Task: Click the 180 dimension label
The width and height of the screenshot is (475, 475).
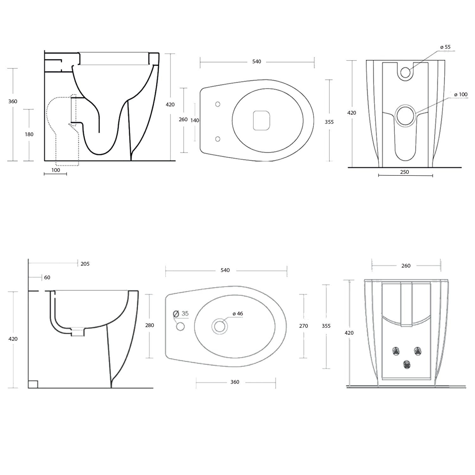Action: (x=29, y=134)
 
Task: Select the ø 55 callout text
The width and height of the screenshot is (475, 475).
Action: (x=445, y=47)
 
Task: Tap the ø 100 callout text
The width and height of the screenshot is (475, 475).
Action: (x=461, y=94)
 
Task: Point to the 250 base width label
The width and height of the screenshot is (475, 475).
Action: (x=404, y=172)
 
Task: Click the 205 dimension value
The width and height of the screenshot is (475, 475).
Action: (x=85, y=264)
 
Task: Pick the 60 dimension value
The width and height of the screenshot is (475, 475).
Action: (x=47, y=277)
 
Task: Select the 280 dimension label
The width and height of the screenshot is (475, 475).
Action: (x=149, y=325)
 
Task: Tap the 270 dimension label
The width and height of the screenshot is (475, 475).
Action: (x=303, y=326)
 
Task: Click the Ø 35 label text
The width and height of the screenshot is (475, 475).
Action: (x=181, y=313)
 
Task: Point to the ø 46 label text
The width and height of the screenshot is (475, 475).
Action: (x=238, y=314)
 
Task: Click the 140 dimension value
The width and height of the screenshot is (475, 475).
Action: (x=195, y=120)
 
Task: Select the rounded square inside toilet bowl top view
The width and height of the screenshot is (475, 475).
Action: (x=262, y=120)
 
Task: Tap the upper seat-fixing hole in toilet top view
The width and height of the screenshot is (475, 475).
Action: (x=218, y=104)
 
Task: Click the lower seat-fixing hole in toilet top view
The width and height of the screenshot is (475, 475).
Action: (x=218, y=139)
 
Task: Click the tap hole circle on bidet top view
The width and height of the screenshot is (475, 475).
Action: (x=180, y=326)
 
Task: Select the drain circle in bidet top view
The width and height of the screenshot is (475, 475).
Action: (x=219, y=326)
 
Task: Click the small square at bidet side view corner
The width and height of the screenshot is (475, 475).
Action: (x=33, y=384)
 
